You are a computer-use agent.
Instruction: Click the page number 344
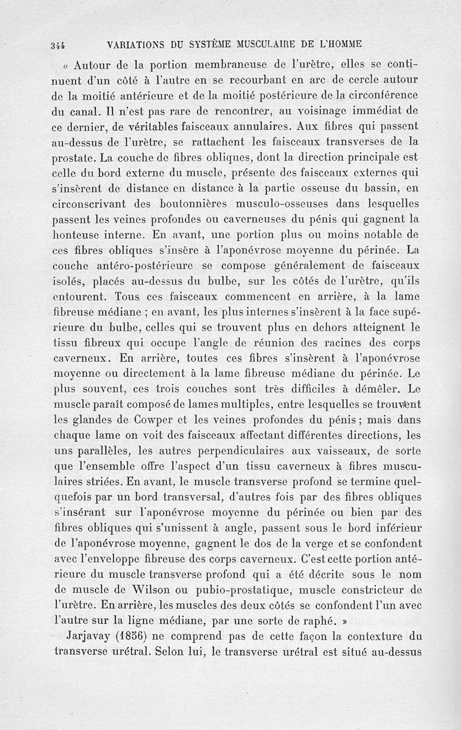58,45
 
